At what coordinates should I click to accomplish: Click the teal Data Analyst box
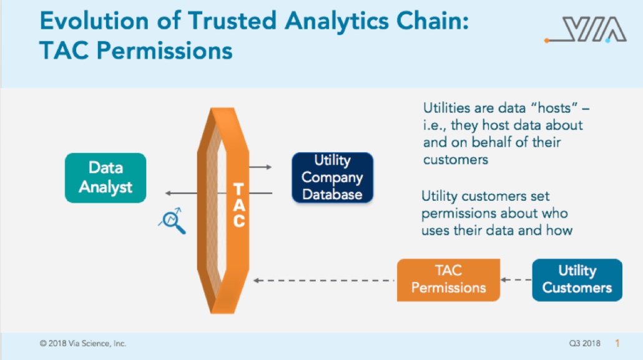[106, 178]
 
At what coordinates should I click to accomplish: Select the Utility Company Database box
[332, 178]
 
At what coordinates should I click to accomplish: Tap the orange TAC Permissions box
[448, 280]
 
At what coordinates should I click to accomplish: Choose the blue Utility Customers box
[577, 280]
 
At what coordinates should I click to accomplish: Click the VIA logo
[586, 29]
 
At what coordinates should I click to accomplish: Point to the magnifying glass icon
[172, 221]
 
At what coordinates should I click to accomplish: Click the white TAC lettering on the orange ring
[238, 205]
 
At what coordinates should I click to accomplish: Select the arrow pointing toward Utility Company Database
[260, 167]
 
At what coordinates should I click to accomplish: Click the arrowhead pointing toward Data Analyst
[168, 193]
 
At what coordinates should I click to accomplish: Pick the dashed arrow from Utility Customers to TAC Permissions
[516, 280]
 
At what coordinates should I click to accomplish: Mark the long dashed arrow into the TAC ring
[324, 281]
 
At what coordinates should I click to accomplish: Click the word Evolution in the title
[94, 21]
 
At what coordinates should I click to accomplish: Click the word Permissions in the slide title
[164, 51]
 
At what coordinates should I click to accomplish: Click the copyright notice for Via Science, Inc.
[83, 344]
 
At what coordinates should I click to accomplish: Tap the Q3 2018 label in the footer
[584, 344]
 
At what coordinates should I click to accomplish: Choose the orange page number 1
[617, 344]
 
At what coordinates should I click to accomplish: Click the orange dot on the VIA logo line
[547, 40]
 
